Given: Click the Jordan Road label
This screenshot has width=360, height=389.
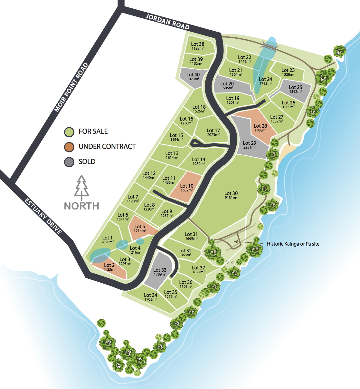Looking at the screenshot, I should pos(167,22).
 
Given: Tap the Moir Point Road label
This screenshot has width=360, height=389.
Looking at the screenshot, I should pos(71,88).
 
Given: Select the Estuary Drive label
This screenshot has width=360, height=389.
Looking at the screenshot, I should pos(43,217).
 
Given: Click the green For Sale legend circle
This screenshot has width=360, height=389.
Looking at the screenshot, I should pos(69,132).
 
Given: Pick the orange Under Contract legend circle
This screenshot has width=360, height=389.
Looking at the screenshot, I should pos(69,147).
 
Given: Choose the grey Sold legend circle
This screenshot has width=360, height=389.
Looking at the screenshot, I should pos(69,162).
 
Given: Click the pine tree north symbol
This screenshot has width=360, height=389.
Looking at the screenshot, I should pos(81,187).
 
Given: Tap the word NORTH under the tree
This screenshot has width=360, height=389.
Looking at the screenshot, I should pos(81,206).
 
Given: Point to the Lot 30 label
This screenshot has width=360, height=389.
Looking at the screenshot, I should pos(231,193).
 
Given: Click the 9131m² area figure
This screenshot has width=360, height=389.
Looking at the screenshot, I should pos(231,198).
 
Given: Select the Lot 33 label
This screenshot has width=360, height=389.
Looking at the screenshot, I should pos(160,270).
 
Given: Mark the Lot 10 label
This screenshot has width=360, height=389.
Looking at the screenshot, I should pos(187,186).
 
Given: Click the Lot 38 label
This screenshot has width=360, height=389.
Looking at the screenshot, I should pos(198,44).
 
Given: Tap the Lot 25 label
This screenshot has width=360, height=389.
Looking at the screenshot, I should pos(295,87).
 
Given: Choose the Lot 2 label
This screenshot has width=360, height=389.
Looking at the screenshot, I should pos(109,265).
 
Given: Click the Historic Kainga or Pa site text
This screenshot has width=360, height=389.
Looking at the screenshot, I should pos(293,244).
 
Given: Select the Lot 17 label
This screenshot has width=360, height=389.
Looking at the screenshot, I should pos(213,131).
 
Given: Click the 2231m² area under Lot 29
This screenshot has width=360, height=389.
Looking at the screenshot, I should pos(250,147).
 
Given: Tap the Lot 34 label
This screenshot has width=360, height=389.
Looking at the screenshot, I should pos(150,295).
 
